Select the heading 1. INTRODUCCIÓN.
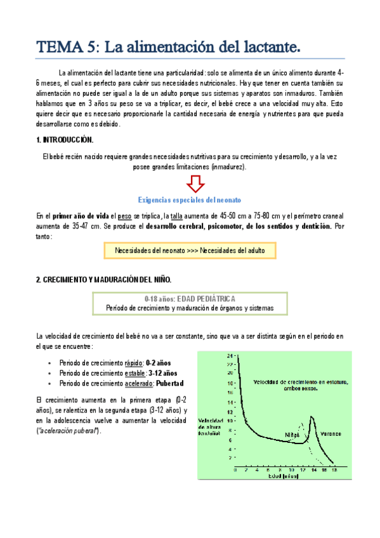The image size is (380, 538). point(65,139)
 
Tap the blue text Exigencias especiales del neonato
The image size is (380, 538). point(190,199)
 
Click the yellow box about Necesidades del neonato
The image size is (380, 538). point(190,251)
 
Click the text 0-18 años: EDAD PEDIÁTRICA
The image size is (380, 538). point(190,298)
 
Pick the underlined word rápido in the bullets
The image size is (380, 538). point(134,362)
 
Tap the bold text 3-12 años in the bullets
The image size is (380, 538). point(163,373)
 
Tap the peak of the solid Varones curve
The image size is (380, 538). point(311,417)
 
